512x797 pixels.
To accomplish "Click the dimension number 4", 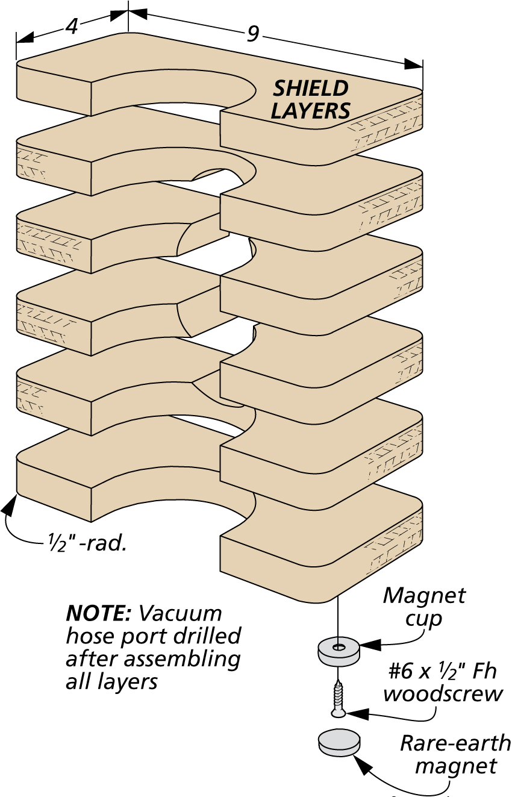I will (71, 27).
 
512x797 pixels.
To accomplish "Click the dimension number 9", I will (252, 34).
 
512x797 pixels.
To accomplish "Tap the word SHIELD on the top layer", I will (311, 89).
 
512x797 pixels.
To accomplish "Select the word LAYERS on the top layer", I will (310, 111).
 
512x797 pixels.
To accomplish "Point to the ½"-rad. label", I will (87, 544).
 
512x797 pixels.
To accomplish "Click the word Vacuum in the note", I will (180, 613).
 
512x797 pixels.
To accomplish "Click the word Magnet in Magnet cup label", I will (424, 595).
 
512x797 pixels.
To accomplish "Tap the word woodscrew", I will (443, 693).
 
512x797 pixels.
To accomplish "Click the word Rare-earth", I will (455, 743).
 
